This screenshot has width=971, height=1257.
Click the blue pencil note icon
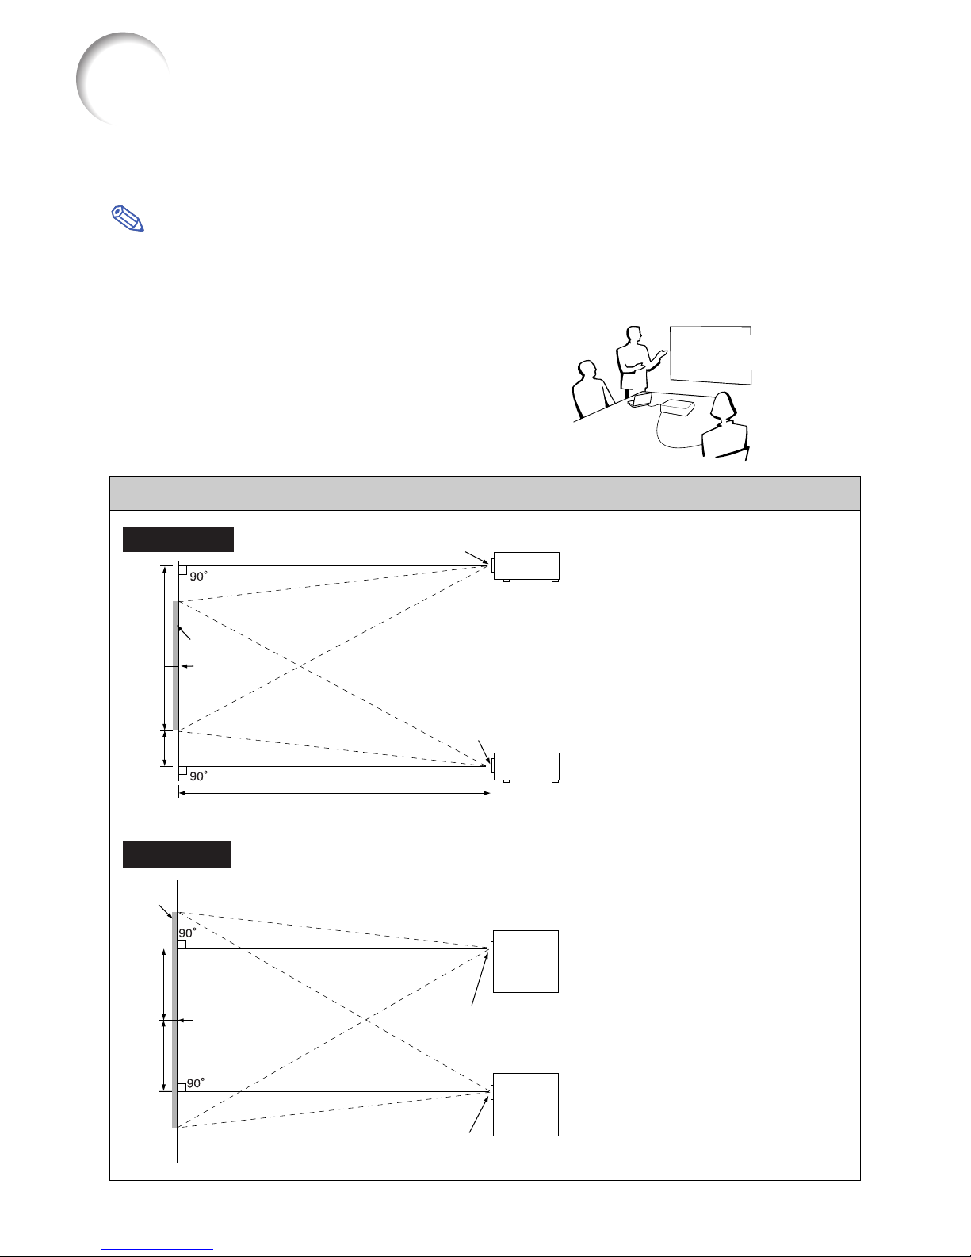[x=127, y=219]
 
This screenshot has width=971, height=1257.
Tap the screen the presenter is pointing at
[x=710, y=355]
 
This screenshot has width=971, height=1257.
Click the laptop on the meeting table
[x=640, y=399]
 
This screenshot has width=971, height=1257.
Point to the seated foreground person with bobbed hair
[x=724, y=427]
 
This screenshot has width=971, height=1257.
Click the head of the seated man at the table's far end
[x=588, y=370]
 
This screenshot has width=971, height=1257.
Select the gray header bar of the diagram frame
[x=485, y=493]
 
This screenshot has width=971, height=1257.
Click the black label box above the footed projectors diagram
[x=178, y=539]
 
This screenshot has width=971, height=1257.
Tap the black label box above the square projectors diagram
[x=176, y=854]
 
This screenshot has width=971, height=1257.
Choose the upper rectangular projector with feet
[x=526, y=567]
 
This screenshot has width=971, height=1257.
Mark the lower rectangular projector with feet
[x=526, y=768]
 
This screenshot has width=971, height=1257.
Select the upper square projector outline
[x=526, y=961]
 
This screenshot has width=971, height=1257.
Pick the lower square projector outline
[x=526, y=1104]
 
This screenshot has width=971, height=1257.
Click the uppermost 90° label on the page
[x=198, y=577]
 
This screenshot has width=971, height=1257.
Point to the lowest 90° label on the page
[x=195, y=1083]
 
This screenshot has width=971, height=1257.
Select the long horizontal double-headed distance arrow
[x=334, y=793]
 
